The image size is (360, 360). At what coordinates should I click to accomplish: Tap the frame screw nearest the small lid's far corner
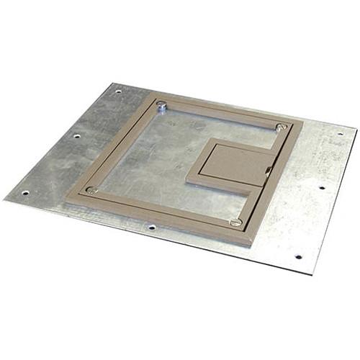click(281, 127)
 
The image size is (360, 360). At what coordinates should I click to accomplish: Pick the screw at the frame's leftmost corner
click(91, 190)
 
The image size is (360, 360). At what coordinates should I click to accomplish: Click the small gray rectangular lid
click(230, 164)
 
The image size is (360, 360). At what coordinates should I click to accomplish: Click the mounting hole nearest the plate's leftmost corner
click(25, 192)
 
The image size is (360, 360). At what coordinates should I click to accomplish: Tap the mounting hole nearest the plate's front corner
click(297, 256)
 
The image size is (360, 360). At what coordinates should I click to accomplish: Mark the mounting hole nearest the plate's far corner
click(118, 91)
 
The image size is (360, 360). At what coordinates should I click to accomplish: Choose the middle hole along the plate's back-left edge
click(76, 135)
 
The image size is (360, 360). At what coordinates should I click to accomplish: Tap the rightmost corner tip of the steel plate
click(356, 130)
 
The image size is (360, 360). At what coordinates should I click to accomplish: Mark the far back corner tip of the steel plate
click(114, 84)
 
